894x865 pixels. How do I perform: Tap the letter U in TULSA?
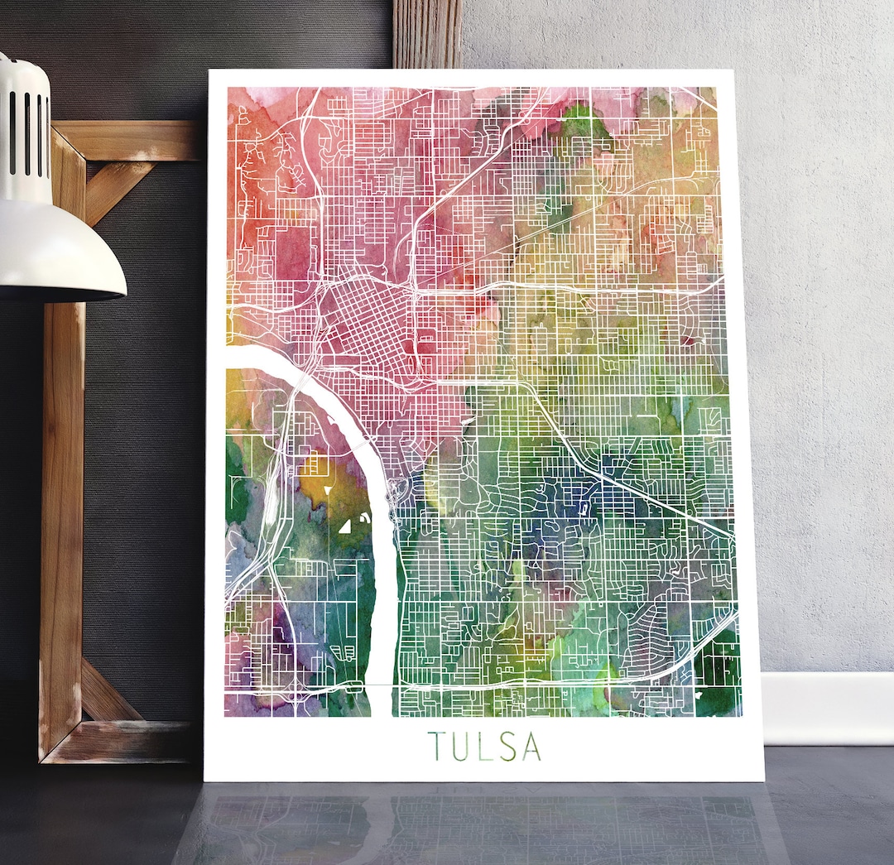(460, 746)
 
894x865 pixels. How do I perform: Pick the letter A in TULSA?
(530, 746)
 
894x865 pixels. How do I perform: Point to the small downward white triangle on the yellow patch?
(328, 490)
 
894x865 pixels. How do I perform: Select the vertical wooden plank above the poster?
(427, 33)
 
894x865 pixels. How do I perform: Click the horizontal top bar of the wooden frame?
(132, 139)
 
